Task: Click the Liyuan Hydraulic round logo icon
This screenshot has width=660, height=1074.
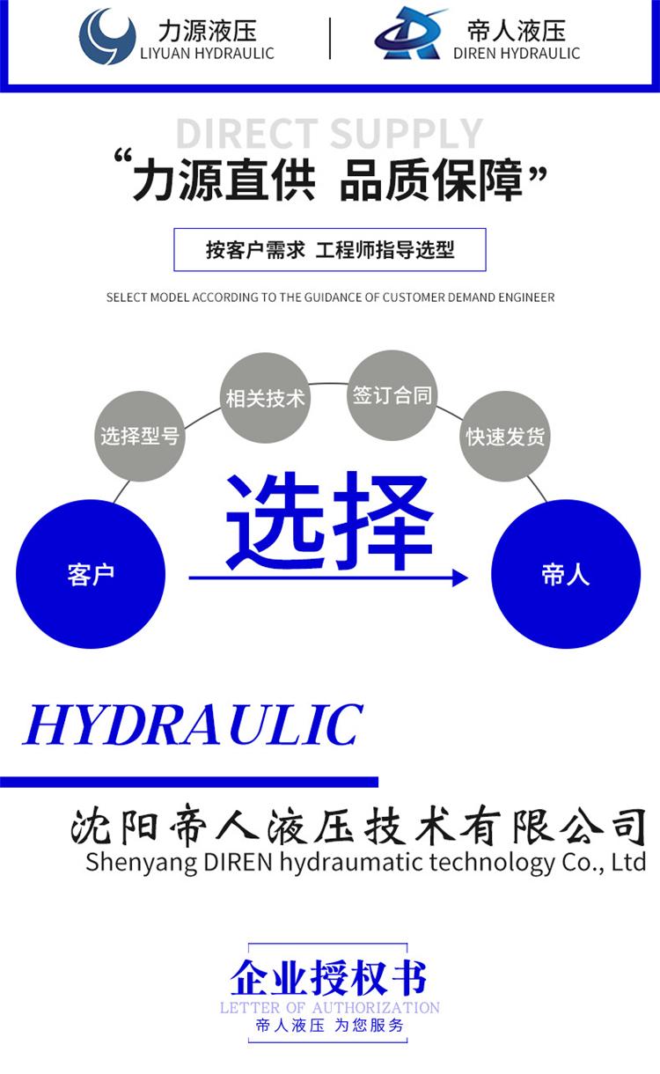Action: [x=107, y=37]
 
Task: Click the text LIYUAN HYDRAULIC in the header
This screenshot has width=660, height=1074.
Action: [x=207, y=54]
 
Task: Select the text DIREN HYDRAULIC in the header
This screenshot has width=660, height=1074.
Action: [x=517, y=54]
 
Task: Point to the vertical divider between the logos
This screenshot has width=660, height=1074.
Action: [x=330, y=38]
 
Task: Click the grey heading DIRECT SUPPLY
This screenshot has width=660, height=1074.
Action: [x=329, y=134]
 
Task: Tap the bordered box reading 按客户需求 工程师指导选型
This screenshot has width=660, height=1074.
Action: [x=330, y=250]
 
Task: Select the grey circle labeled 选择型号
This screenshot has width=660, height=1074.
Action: [x=139, y=436]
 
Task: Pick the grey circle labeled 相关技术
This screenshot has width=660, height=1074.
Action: [x=265, y=398]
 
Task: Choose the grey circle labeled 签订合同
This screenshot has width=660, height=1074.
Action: [x=392, y=394]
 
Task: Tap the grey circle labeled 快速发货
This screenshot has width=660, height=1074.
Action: [x=505, y=437]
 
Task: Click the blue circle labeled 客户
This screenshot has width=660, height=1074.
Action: [x=91, y=574]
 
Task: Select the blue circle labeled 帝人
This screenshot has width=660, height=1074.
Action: [x=565, y=574]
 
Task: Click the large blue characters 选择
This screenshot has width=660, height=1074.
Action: [x=330, y=521]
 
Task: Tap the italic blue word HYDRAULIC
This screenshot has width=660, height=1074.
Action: [x=193, y=725]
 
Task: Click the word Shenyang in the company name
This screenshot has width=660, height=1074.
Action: [x=130, y=862]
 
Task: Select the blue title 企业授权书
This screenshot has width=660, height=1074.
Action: [x=329, y=977]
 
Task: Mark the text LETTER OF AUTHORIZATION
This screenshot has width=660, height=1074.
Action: [x=329, y=1007]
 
